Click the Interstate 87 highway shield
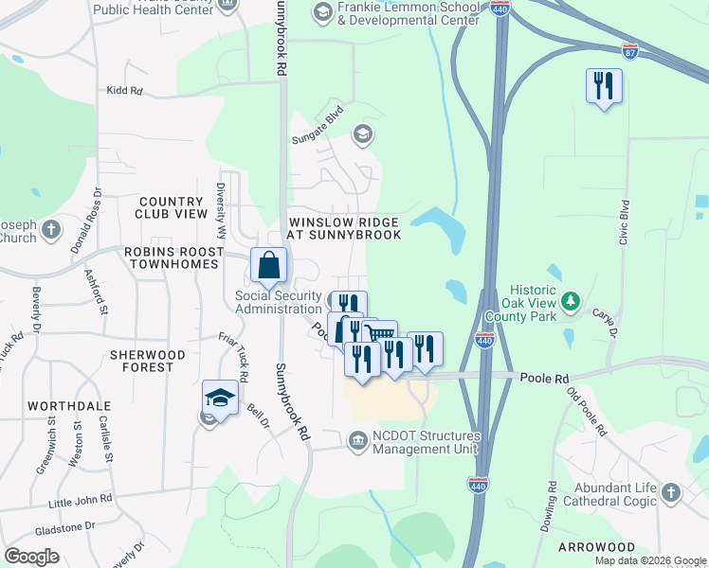click(630, 49)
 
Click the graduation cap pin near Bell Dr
click(220, 399)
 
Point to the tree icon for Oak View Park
click(571, 302)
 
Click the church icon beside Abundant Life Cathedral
click(671, 492)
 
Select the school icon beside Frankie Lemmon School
click(322, 11)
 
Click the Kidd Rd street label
click(124, 91)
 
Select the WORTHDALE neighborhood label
click(64, 405)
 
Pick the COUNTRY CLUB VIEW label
click(172, 207)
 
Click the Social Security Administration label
click(279, 302)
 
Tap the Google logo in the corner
click(31, 557)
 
